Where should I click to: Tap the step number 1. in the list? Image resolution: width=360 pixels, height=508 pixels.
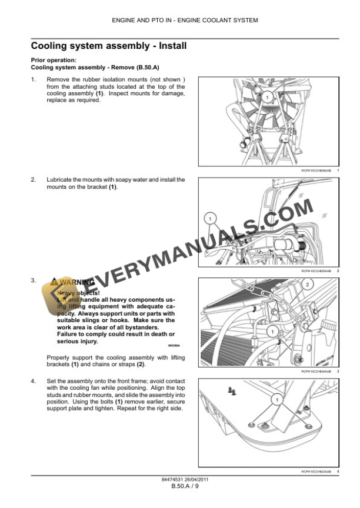coord(33,79)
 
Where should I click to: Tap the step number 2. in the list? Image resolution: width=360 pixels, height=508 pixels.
coord(33,179)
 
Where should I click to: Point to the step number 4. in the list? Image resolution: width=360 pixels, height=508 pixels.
coord(33,382)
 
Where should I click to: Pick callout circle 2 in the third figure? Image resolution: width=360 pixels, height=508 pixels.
coord(307,285)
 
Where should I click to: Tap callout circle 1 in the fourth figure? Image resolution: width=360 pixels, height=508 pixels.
coord(274,399)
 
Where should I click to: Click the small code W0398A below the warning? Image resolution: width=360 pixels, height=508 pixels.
coord(169,346)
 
